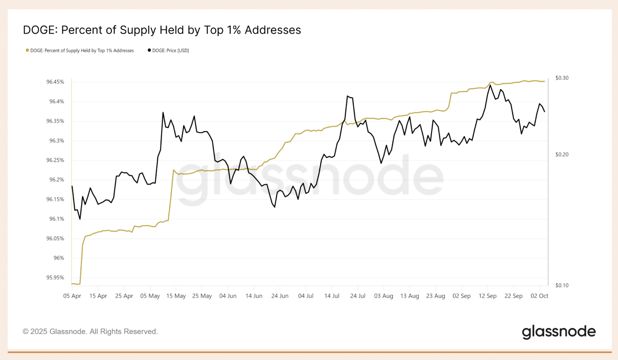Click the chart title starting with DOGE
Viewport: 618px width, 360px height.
point(162,30)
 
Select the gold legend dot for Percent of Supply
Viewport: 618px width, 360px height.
point(27,50)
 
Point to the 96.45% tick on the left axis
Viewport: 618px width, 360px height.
point(55,82)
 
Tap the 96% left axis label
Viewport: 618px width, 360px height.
point(59,258)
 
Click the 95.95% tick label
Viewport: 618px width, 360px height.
point(55,278)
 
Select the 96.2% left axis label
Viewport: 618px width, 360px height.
point(57,180)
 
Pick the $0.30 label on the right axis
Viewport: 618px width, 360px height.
point(562,78)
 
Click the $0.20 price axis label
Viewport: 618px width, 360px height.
point(562,154)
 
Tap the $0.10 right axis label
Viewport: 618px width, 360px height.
point(562,285)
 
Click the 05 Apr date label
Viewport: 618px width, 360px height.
point(72,296)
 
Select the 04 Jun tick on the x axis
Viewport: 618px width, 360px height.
point(228,296)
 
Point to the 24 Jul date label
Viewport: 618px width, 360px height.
point(358,296)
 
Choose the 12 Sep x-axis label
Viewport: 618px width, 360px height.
point(488,296)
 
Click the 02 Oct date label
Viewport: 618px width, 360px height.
point(539,296)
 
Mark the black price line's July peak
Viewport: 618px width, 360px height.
point(348,96)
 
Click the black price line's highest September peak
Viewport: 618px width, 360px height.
point(490,85)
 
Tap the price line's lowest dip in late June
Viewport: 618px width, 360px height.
point(275,207)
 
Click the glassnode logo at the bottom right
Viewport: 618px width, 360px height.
point(559,332)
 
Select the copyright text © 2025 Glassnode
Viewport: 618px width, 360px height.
point(90,331)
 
